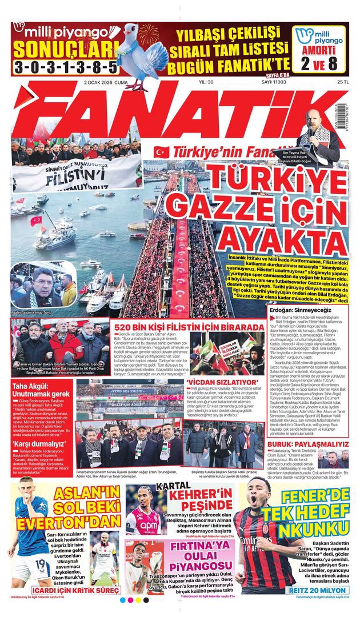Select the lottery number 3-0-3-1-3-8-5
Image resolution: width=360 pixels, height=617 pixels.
pos(65,67)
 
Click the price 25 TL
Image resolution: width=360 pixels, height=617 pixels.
pos(342,83)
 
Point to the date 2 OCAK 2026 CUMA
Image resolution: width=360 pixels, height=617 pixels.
pos(105,83)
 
